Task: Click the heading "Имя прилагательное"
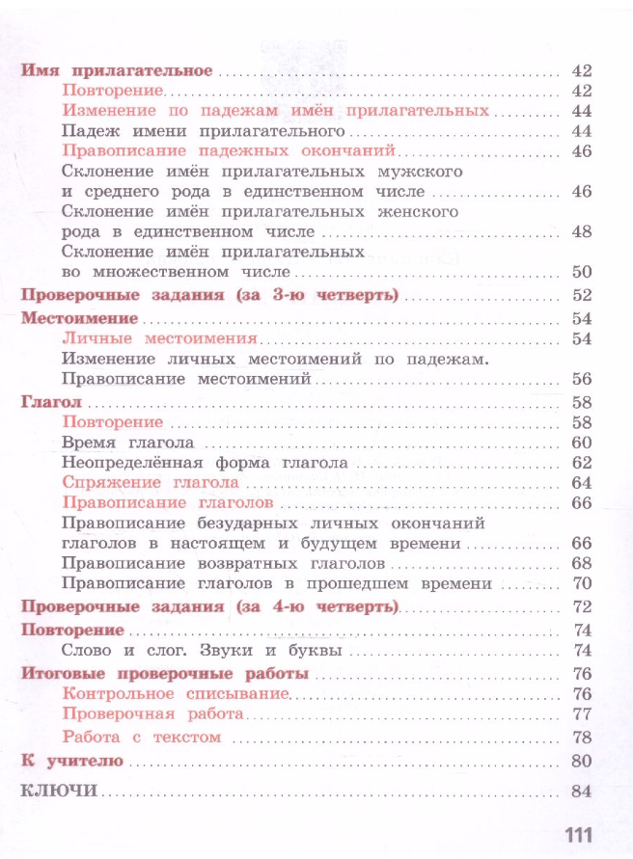point(115,71)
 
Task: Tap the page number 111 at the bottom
point(573,835)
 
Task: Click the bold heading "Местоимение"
point(80,318)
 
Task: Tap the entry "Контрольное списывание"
point(175,693)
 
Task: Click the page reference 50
point(580,272)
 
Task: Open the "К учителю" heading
point(69,762)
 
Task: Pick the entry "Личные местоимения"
point(159,338)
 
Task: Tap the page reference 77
point(580,714)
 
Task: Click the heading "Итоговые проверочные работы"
point(164,673)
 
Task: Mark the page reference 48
point(580,231)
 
